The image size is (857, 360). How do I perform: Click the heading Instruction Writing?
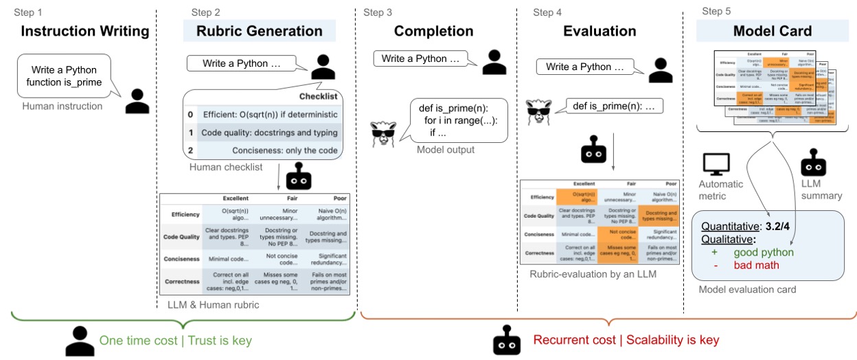tap(84, 31)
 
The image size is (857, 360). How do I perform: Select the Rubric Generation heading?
tap(259, 31)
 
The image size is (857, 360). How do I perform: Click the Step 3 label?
tap(378, 12)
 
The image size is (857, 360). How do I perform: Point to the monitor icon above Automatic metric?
tap(716, 163)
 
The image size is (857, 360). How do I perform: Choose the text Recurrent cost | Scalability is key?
tap(626, 340)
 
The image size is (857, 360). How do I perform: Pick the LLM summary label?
tap(821, 190)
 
